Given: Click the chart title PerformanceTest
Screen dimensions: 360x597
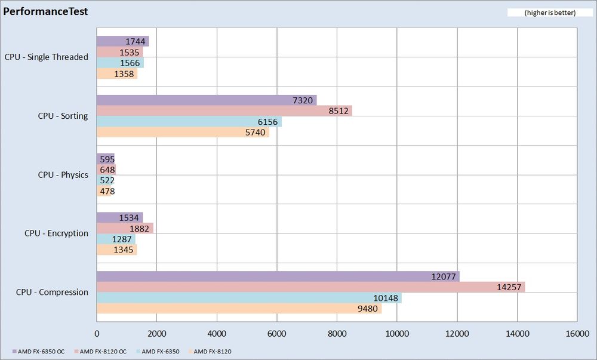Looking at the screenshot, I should pos(46,11).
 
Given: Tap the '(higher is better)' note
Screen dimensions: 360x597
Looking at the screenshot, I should pos(541,13).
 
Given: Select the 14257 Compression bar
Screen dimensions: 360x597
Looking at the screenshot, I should pos(310,287).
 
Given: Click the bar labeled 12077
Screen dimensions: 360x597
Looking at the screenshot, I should pos(278,276).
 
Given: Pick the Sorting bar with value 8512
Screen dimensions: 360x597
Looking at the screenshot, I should pos(224,111).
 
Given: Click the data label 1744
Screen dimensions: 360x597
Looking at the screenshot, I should pos(137,41).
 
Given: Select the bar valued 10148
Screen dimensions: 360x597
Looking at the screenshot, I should pos(249,298).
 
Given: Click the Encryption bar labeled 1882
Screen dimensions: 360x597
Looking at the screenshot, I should pos(125,228).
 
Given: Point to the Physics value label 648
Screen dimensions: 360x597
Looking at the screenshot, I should pos(107,170).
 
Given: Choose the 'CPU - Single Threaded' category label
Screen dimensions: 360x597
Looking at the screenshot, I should pos(46,57).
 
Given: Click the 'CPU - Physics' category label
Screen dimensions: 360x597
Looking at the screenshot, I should pos(63,175).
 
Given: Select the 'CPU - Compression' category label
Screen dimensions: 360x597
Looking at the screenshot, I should pos(52,293).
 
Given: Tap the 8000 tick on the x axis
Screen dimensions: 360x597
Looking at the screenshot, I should pos(337,334).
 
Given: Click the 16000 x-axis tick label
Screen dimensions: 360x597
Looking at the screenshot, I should pos(577,334).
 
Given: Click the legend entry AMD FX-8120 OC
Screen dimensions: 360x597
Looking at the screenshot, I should pos(103,352).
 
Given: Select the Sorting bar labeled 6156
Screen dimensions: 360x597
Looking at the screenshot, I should pos(189,122).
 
